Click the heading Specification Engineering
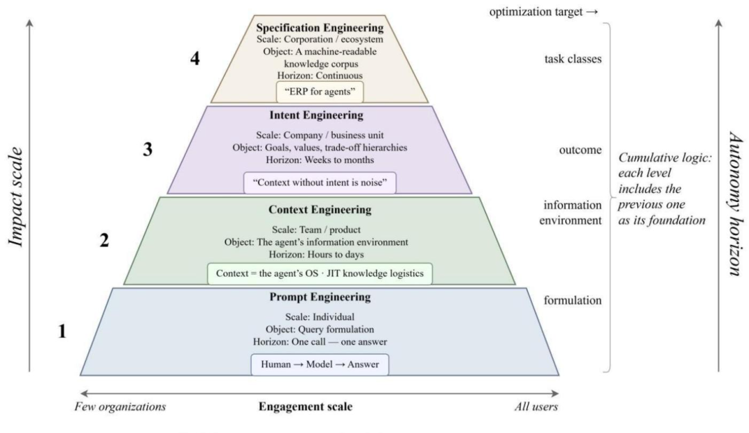[320, 28]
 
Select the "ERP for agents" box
[320, 91]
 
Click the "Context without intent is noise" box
[320, 182]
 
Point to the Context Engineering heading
[320, 209]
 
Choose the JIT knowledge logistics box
[320, 273]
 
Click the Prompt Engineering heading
[320, 298]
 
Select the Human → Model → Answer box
[320, 364]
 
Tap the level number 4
[196, 60]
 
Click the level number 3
[148, 150]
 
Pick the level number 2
[104, 241]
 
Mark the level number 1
[62, 332]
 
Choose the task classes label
[573, 59]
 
